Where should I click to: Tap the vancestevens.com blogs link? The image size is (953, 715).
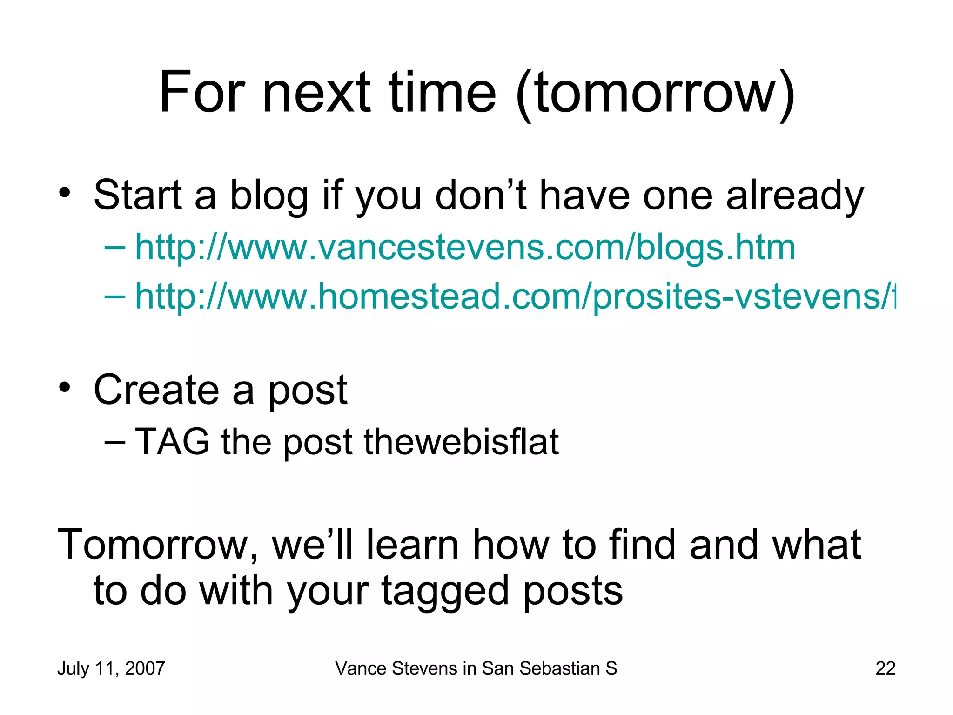click(x=465, y=248)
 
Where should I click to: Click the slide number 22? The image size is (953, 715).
click(x=885, y=668)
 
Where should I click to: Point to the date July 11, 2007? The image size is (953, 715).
click(x=111, y=668)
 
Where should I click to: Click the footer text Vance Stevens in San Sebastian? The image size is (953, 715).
click(x=476, y=668)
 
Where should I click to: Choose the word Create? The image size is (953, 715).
click(x=156, y=390)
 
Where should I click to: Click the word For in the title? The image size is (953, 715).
click(x=202, y=93)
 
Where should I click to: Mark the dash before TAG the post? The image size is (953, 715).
click(x=115, y=442)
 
